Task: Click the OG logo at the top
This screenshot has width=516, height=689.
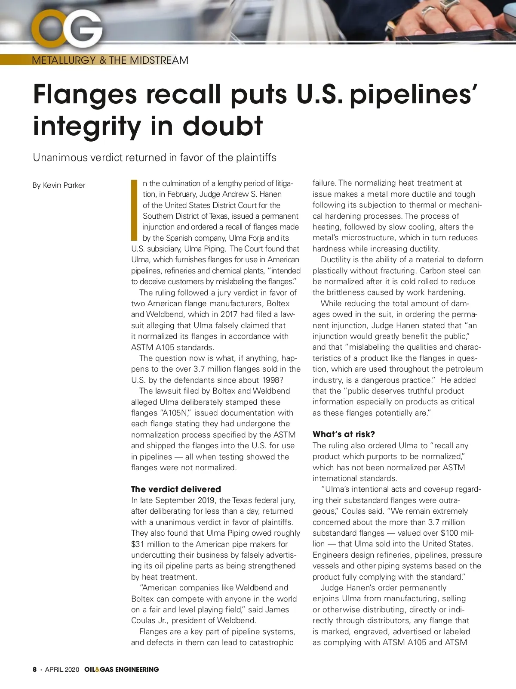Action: (x=67, y=29)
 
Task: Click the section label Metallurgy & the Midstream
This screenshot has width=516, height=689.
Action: (x=110, y=60)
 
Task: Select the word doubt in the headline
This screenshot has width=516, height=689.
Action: (x=222, y=126)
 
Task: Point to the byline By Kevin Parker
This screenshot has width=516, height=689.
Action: (x=59, y=185)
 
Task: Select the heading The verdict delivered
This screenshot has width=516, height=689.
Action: (x=176, y=489)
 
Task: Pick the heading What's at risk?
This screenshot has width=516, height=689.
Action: (x=344, y=434)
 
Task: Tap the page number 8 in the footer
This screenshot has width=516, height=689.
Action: (x=35, y=669)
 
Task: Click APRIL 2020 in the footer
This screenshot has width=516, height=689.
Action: (x=62, y=669)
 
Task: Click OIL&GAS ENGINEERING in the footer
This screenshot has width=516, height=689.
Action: (x=122, y=669)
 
